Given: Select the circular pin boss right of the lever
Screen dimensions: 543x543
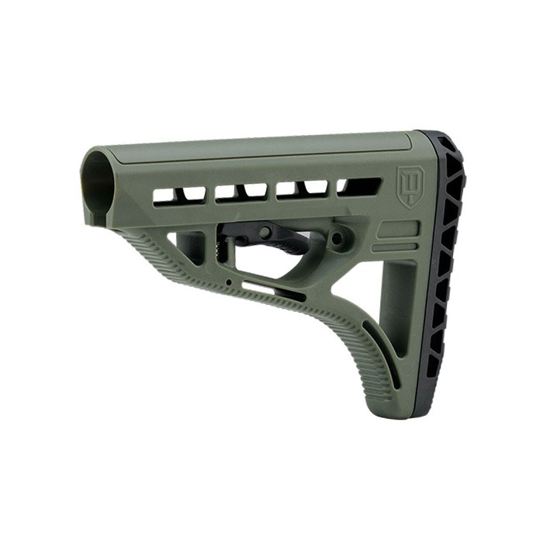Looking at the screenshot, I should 338,238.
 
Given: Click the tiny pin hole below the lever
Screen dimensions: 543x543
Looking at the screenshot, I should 230,281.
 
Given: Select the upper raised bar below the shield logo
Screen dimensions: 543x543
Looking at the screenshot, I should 399,230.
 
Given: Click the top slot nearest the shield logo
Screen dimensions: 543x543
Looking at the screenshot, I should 358,187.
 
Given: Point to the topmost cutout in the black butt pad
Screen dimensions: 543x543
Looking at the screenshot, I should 448,147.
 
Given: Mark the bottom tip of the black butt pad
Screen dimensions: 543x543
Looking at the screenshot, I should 419,414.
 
